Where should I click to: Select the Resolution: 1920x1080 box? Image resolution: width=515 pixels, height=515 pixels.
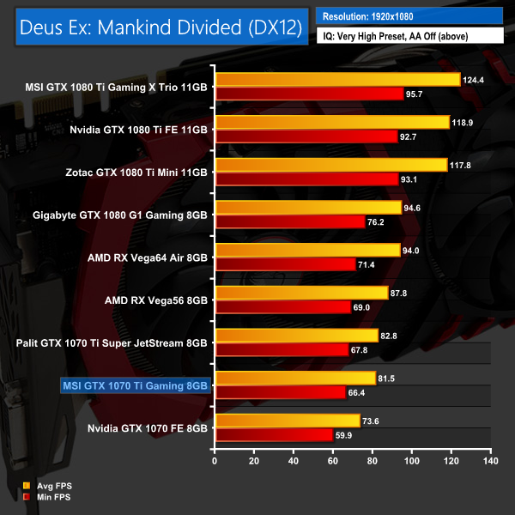click(409, 15)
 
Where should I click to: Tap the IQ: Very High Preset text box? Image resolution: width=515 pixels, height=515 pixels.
click(409, 37)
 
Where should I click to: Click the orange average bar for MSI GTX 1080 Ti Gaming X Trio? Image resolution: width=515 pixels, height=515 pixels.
click(337, 80)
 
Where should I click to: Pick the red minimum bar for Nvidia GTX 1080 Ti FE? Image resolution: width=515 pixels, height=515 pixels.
click(306, 136)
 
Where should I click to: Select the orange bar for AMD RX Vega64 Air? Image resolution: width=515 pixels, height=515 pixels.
click(307, 251)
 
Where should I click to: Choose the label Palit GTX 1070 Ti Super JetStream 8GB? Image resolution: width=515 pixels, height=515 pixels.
click(112, 342)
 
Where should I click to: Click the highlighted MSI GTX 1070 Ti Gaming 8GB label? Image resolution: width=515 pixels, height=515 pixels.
click(135, 385)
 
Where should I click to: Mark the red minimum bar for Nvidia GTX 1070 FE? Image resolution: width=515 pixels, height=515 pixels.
click(274, 435)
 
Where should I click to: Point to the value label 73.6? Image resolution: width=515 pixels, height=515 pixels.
click(374, 421)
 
